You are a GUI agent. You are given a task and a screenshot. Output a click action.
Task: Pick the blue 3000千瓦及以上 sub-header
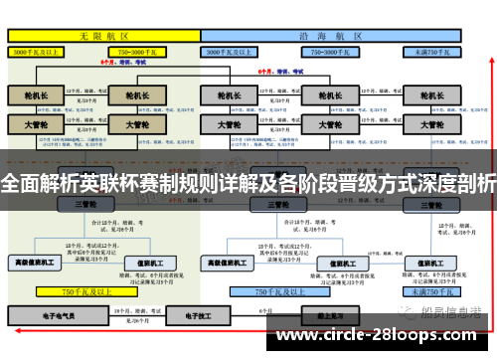[x=236, y=50]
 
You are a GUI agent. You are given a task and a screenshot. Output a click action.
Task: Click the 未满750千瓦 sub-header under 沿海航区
[x=432, y=50]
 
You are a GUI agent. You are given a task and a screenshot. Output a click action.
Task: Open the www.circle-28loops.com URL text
[x=377, y=335]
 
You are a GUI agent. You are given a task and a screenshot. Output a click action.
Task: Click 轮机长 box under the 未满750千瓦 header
[x=431, y=96]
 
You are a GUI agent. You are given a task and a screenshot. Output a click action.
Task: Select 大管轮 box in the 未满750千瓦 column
[x=431, y=125]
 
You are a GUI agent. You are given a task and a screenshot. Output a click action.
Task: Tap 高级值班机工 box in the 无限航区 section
[x=36, y=263]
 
